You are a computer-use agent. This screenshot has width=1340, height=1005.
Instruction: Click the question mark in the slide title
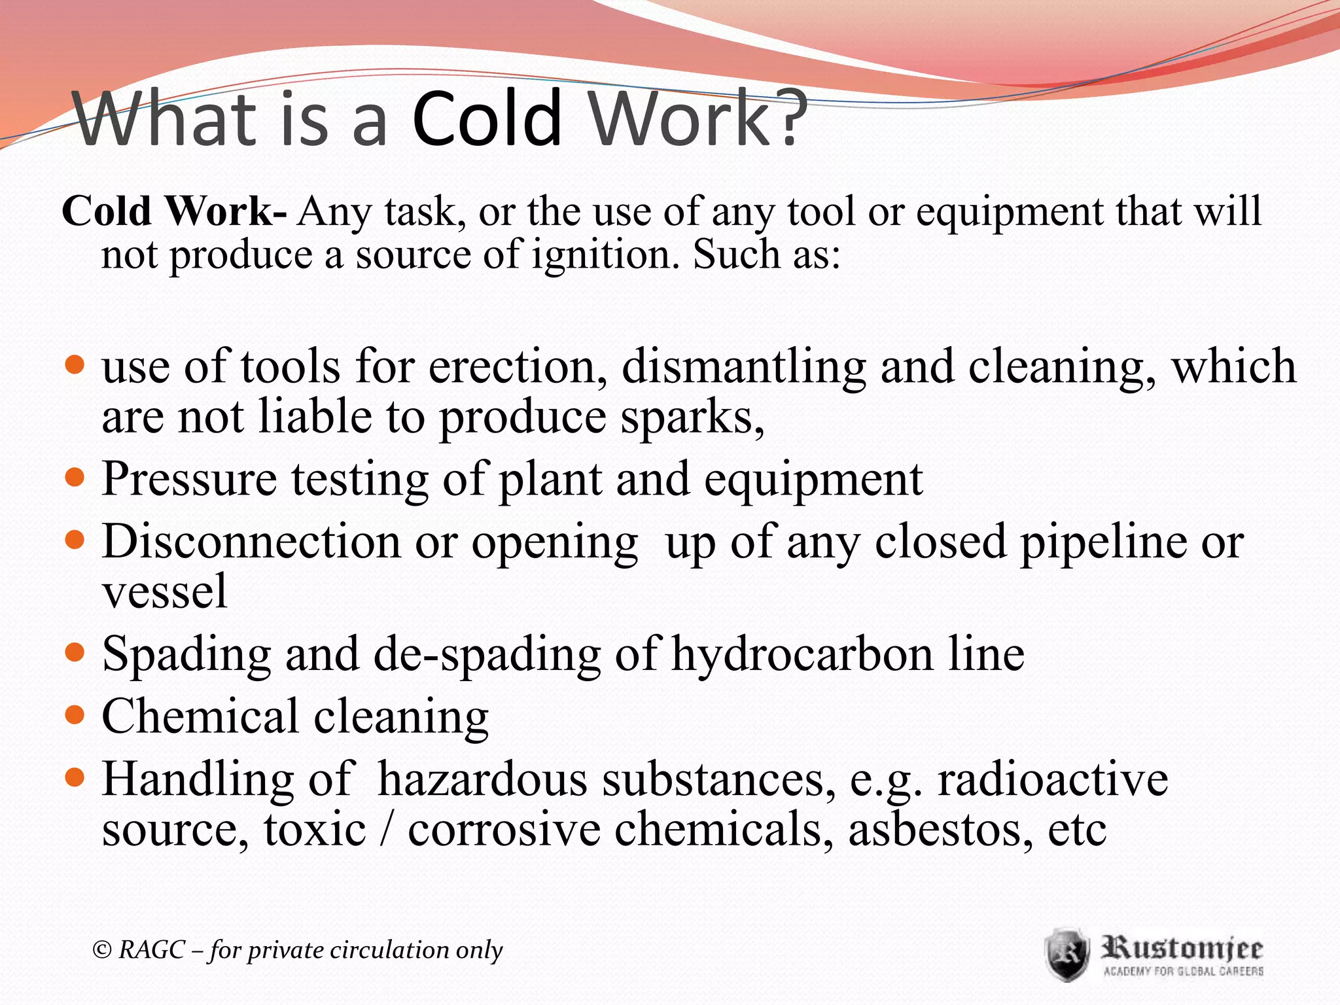tap(784, 118)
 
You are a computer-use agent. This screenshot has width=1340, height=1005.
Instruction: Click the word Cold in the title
tap(487, 119)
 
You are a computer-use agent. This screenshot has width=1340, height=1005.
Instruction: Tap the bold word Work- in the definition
tap(225, 212)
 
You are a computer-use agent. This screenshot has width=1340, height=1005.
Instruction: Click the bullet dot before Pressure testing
tap(76, 478)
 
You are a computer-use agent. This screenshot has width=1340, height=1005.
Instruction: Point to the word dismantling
tap(743, 367)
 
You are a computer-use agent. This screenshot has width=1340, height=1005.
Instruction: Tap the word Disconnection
tap(251, 542)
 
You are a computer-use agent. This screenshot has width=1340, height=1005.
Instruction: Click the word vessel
tap(165, 591)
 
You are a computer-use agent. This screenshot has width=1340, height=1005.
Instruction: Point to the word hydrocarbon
tap(802, 654)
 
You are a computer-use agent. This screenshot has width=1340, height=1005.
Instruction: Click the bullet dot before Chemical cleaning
tap(76, 714)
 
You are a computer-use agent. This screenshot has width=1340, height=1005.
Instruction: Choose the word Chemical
tap(200, 716)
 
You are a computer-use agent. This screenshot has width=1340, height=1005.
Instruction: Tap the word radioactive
tap(1053, 779)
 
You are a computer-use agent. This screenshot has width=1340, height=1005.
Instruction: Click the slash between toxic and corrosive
tap(387, 829)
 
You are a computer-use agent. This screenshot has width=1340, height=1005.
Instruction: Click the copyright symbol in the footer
tap(102, 950)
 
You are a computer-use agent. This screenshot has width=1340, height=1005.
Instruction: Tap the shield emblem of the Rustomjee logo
tap(1067, 954)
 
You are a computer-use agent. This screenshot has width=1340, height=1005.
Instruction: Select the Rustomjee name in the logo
tap(1182, 948)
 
